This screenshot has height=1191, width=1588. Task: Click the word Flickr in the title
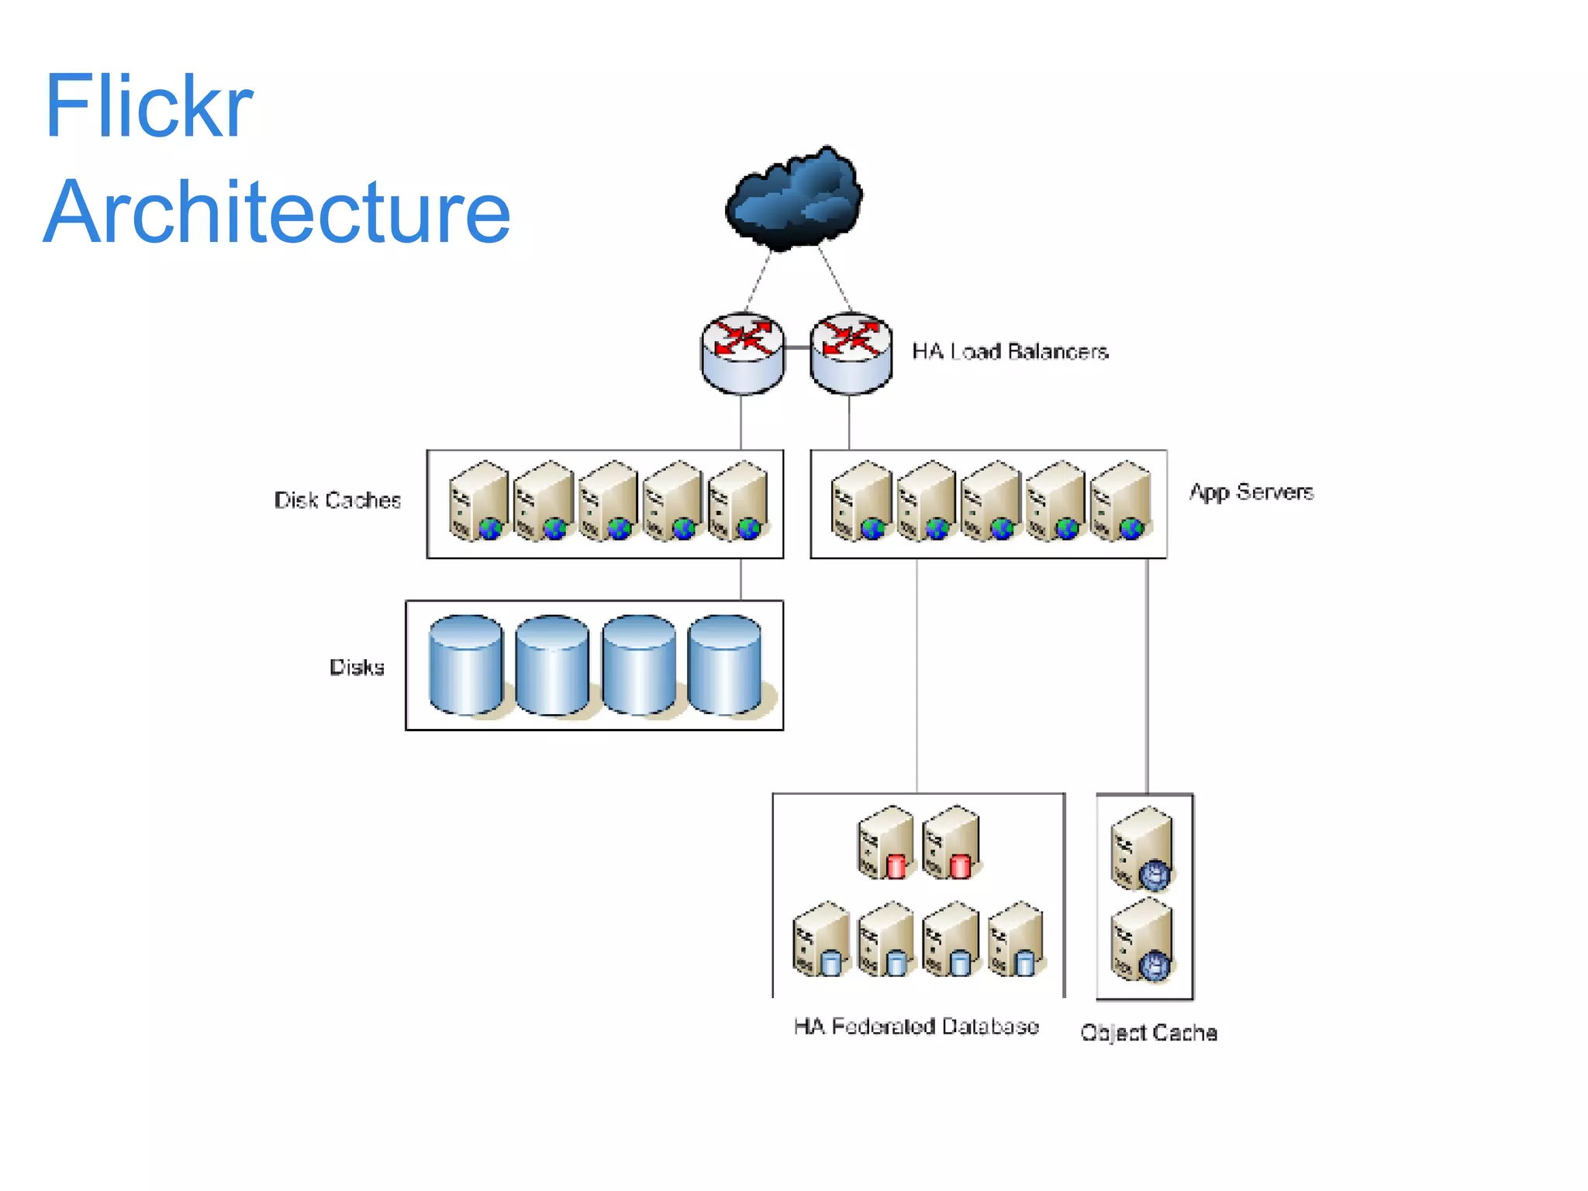pos(149,106)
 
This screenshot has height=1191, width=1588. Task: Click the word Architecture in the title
pos(277,212)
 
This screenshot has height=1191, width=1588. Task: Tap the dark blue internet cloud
pos(794,200)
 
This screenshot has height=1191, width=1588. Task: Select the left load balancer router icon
pos(742,353)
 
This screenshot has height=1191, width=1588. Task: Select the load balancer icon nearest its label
pos(851,353)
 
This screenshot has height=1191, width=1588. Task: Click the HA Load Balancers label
pos(1010,351)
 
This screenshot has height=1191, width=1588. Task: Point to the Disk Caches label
pos(337,500)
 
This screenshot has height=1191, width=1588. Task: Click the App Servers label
pos(1251,492)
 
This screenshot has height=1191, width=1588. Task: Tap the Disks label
pos(357,667)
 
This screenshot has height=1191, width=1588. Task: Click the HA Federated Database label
pos(916,1026)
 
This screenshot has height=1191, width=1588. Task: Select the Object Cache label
pos(1148,1032)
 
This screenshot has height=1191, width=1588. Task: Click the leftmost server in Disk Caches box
pos(478,502)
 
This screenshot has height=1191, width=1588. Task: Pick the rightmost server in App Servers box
pos(1120,502)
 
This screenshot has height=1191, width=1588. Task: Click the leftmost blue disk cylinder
pos(465,665)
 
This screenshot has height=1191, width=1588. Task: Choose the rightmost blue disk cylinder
pos(724,665)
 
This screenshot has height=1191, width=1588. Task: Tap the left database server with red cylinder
pos(885,843)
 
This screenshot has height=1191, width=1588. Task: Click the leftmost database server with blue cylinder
pos(820,939)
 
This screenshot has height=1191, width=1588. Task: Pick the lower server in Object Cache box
pos(1141,941)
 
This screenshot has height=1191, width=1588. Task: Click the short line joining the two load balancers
pos(796,347)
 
